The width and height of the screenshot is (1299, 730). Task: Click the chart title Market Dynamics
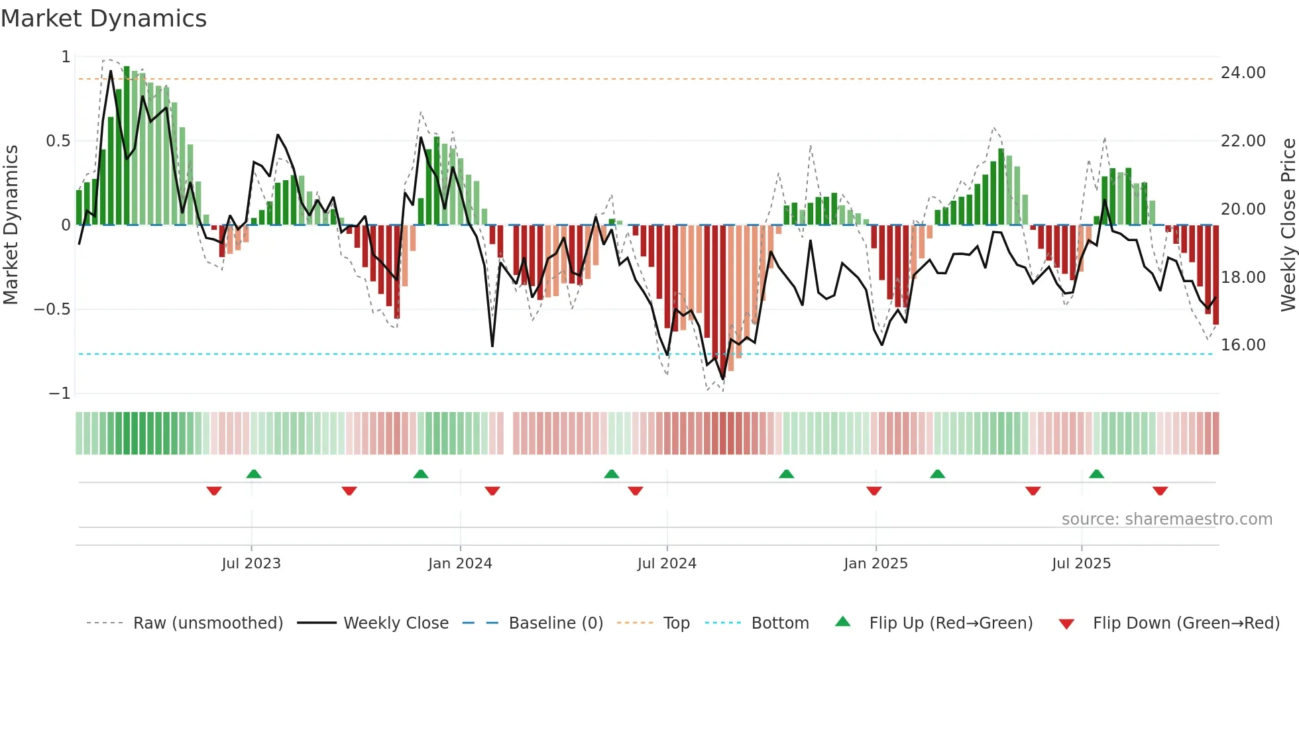(x=103, y=19)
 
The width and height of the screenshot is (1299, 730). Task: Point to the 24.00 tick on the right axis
(x=1243, y=73)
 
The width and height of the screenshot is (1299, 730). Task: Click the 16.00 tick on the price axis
(x=1243, y=345)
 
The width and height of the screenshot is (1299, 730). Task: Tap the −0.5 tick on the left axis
(x=52, y=309)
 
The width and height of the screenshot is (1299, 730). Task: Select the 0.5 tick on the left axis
(x=58, y=141)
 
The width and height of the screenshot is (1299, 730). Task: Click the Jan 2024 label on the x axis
(x=460, y=564)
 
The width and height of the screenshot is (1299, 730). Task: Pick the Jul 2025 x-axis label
(x=1081, y=564)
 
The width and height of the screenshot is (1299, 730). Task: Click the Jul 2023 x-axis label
(x=251, y=564)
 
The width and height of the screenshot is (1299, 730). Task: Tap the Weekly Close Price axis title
(x=1288, y=225)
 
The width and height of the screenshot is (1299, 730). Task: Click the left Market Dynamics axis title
(x=11, y=225)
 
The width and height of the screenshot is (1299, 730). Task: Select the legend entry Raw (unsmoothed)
(x=207, y=623)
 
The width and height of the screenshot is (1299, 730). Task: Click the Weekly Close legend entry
(x=396, y=623)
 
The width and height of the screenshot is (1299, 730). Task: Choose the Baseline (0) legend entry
(x=555, y=623)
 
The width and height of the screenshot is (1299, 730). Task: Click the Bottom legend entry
(x=779, y=623)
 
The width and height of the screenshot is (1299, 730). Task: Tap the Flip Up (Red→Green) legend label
(x=950, y=623)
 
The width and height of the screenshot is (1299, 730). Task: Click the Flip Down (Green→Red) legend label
(x=1186, y=623)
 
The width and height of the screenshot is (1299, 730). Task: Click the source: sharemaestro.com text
(x=1166, y=519)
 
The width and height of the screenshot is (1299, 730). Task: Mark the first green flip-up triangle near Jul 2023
(x=254, y=474)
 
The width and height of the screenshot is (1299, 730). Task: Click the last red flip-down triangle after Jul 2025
(x=1160, y=491)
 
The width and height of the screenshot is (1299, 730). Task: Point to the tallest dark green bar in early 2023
(x=127, y=146)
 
